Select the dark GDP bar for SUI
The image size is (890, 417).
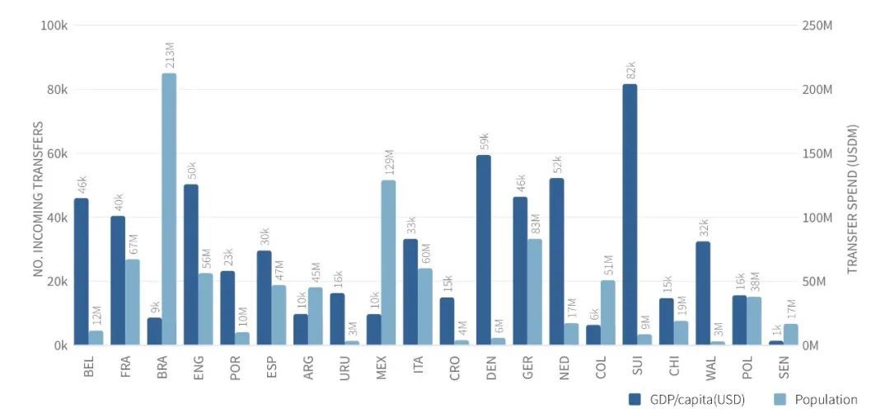coord(630,214)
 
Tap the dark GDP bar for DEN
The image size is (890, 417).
coord(483,250)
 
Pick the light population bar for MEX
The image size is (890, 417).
coord(388,262)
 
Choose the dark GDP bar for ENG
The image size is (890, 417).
coord(190,265)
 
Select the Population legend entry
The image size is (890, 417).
coord(818,400)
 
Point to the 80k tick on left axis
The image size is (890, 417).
coord(54,89)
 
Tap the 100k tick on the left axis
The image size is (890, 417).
coord(53,26)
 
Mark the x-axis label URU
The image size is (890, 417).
coord(344,368)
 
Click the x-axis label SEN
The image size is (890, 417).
coord(782,368)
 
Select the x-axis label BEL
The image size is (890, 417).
coord(88,368)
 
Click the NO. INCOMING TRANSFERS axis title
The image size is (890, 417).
coord(38,199)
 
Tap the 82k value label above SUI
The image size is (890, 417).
coord(631,70)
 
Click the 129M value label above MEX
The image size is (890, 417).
coord(389,163)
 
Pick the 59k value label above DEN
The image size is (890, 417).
coord(485,141)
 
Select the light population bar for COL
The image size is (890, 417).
coord(608,312)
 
